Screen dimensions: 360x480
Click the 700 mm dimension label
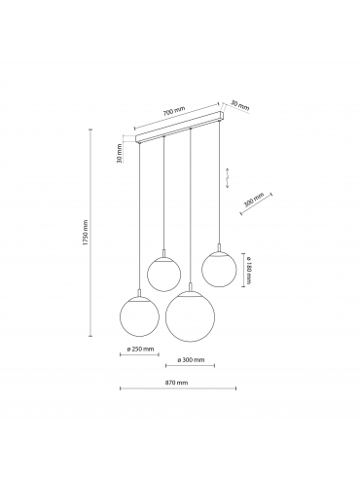point(174,111)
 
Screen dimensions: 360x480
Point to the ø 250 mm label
point(140,350)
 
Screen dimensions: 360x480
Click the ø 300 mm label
point(191,360)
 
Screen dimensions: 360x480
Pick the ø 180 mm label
point(248,271)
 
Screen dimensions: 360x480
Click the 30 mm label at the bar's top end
point(240,105)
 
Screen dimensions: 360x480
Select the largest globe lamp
point(190,316)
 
